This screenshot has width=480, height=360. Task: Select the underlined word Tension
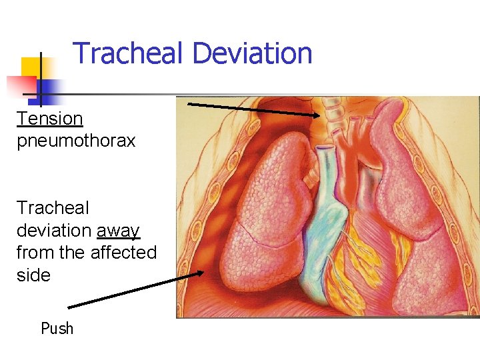pyautogui.click(x=50, y=119)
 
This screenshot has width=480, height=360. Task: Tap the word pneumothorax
pyautogui.click(x=76, y=141)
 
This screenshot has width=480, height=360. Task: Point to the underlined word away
pyautogui.click(x=118, y=231)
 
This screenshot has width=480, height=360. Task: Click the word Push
pyautogui.click(x=57, y=329)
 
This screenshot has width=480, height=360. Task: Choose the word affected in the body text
pyautogui.click(x=123, y=253)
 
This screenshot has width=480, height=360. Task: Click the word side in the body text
pyautogui.click(x=33, y=275)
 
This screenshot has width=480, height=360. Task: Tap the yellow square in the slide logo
pyautogui.click(x=30, y=67)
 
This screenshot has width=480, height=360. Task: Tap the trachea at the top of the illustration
pyautogui.click(x=331, y=113)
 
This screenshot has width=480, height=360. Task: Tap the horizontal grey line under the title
pyautogui.click(x=267, y=95)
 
